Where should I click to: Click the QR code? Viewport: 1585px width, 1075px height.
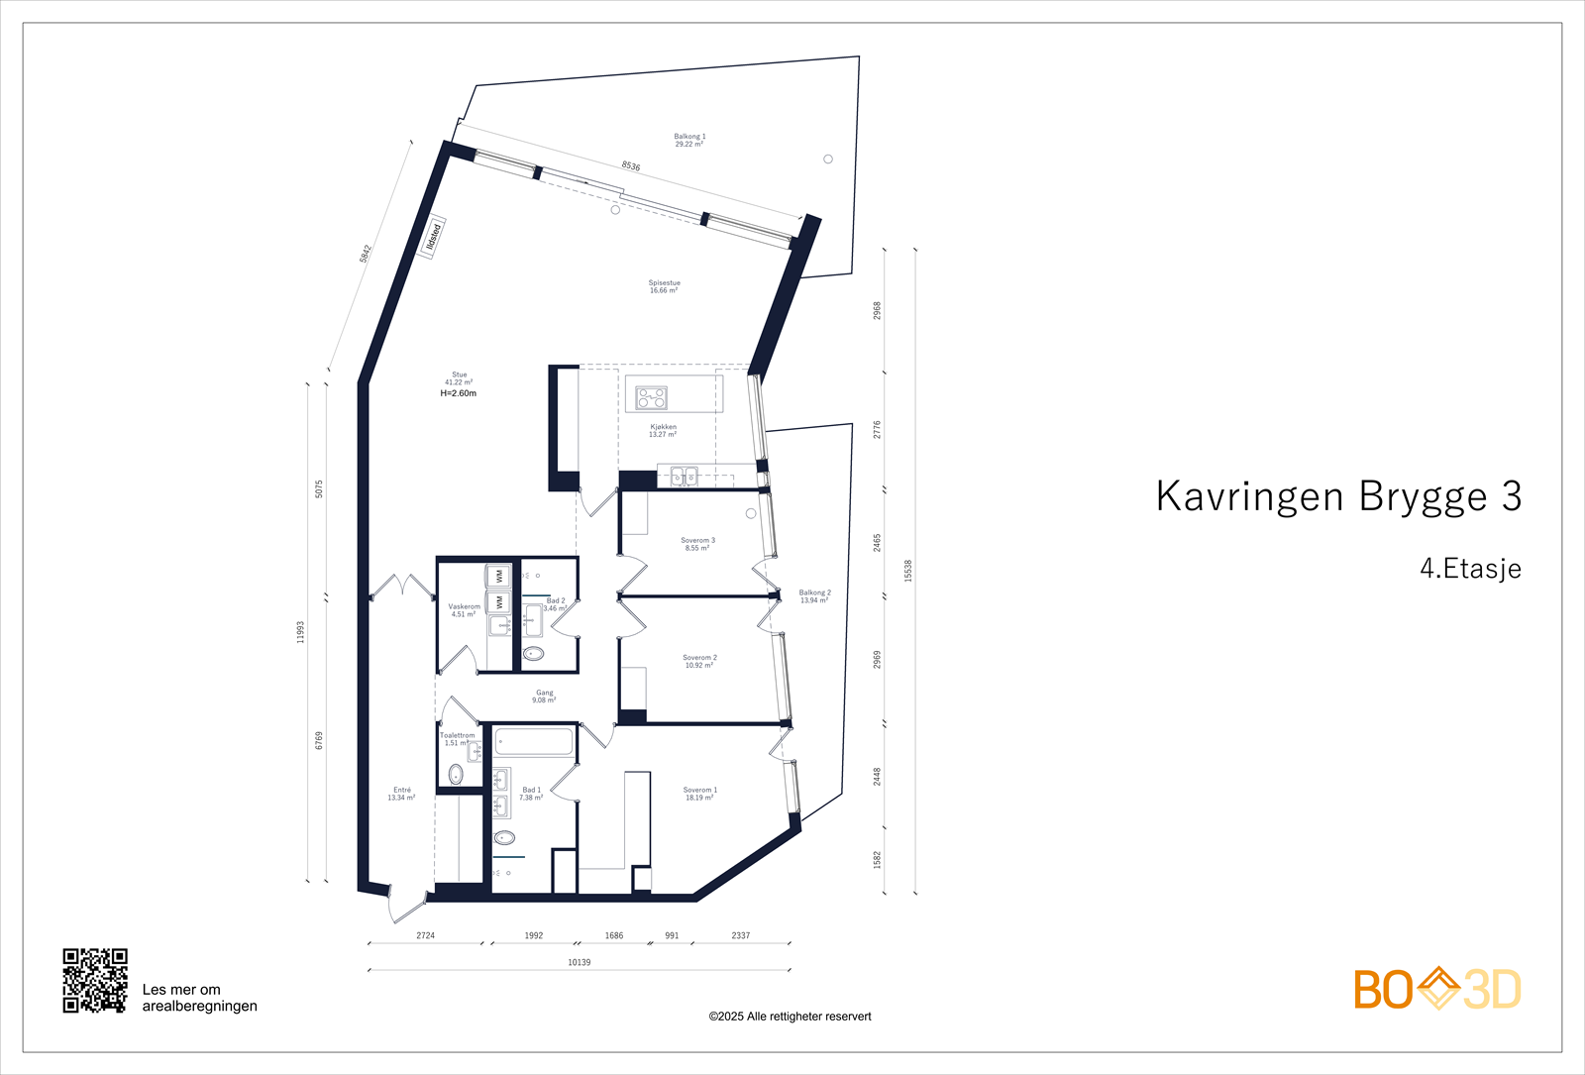95,981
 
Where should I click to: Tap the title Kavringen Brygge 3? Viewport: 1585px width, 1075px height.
1337,496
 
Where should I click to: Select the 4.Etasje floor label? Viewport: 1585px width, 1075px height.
1470,569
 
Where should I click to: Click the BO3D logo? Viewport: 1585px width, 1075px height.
1436,989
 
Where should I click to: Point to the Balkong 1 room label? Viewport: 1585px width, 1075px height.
689,141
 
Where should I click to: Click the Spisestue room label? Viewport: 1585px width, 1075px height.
664,286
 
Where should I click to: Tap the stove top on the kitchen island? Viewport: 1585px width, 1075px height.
651,398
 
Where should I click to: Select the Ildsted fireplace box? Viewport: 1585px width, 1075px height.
433,238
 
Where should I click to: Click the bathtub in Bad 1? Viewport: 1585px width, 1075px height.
533,742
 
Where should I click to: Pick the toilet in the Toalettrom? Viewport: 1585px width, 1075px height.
456,774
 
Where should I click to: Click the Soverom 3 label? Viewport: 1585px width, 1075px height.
697,544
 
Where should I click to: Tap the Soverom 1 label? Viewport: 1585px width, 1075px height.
699,794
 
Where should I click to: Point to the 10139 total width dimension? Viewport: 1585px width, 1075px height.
579,962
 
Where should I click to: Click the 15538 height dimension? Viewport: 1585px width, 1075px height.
908,571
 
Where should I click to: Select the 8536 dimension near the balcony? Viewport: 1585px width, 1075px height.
631,166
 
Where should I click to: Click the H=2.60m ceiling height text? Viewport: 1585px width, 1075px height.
458,393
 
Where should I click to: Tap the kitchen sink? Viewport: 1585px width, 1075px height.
685,477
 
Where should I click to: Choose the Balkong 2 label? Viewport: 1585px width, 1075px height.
814,596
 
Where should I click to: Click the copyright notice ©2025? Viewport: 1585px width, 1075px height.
790,1017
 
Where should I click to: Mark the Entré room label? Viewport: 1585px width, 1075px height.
401,794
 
